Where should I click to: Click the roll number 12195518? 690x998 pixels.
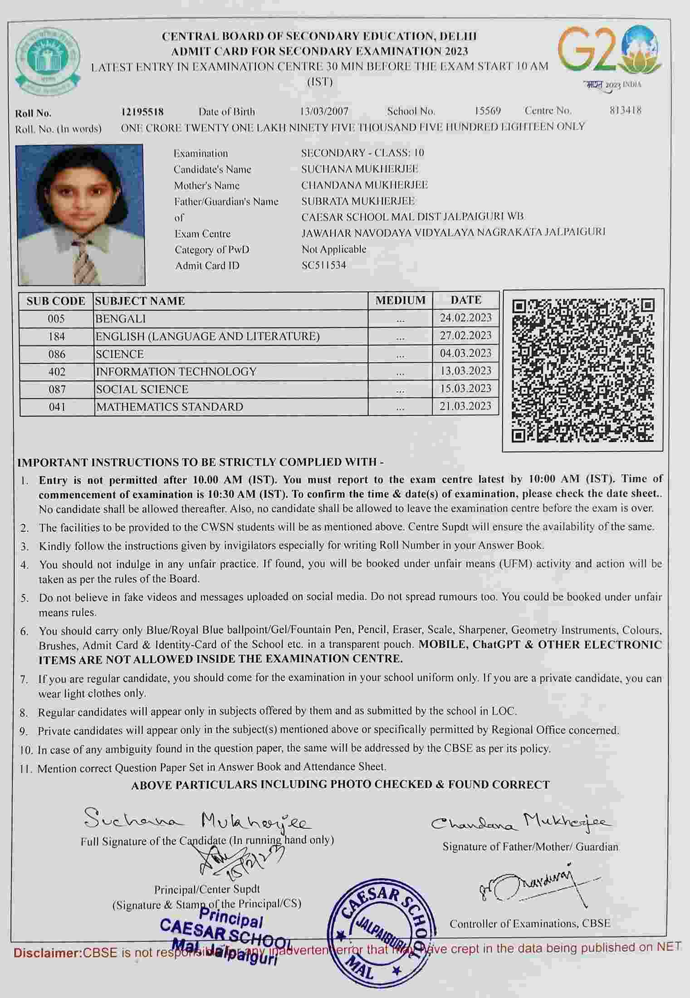[142, 112]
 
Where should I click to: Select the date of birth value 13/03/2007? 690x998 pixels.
[324, 111]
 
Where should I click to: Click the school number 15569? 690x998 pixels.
[488, 111]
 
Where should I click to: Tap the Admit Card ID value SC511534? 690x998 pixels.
[324, 265]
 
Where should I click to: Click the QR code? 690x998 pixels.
[583, 370]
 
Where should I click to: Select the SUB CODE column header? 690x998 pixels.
[56, 301]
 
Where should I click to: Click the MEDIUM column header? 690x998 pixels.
[400, 300]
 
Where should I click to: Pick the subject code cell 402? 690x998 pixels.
[57, 372]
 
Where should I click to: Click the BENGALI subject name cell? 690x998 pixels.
[121, 319]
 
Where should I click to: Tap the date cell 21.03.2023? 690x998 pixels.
[465, 406]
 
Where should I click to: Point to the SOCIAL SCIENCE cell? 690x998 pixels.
[142, 389]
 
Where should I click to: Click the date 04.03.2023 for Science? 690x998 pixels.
[465, 353]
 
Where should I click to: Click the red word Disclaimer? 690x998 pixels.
[47, 953]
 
